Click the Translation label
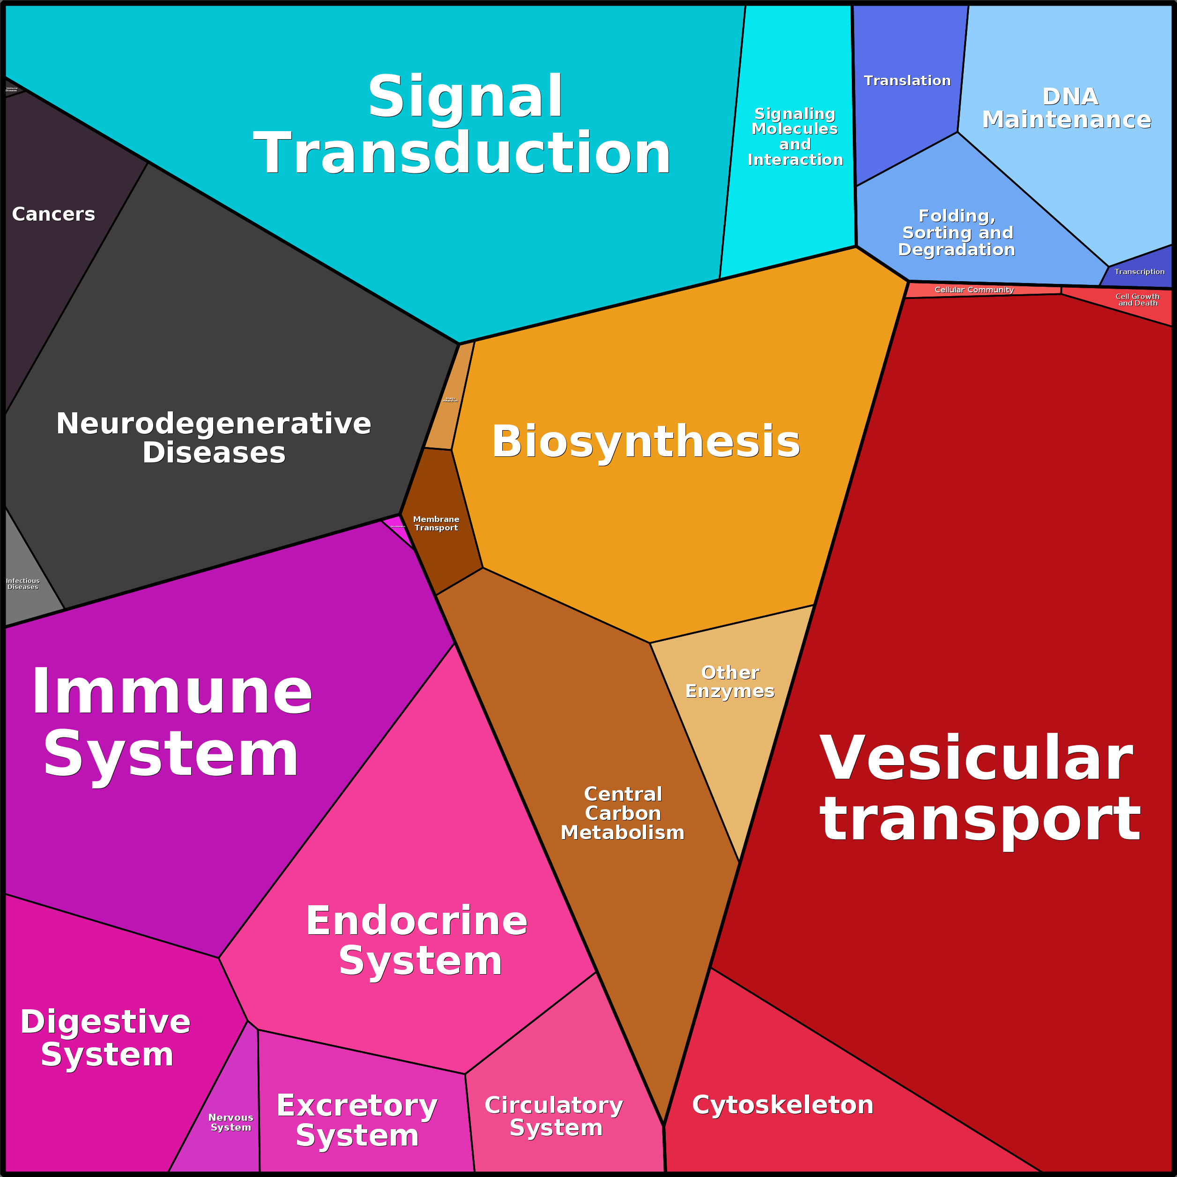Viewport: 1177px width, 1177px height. [x=907, y=81]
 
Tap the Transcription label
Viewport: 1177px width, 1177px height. [x=1139, y=272]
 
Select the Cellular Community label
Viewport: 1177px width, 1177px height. [x=974, y=290]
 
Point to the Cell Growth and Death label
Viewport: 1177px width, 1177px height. [x=1137, y=300]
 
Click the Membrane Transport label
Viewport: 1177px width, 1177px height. [x=436, y=523]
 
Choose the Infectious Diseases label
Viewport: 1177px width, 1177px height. [x=22, y=584]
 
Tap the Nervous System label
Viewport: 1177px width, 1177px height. [x=231, y=1122]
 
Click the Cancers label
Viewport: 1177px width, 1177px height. [x=53, y=215]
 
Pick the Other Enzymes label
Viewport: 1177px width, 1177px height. [x=730, y=682]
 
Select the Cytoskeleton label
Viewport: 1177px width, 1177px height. [x=783, y=1105]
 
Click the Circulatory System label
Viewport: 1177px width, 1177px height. [x=554, y=1116]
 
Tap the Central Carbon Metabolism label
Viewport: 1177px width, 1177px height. [x=623, y=813]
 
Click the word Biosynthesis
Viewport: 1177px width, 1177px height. [x=646, y=442]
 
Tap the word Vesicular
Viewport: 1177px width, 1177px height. [x=976, y=759]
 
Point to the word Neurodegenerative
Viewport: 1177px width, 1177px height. [x=213, y=424]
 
